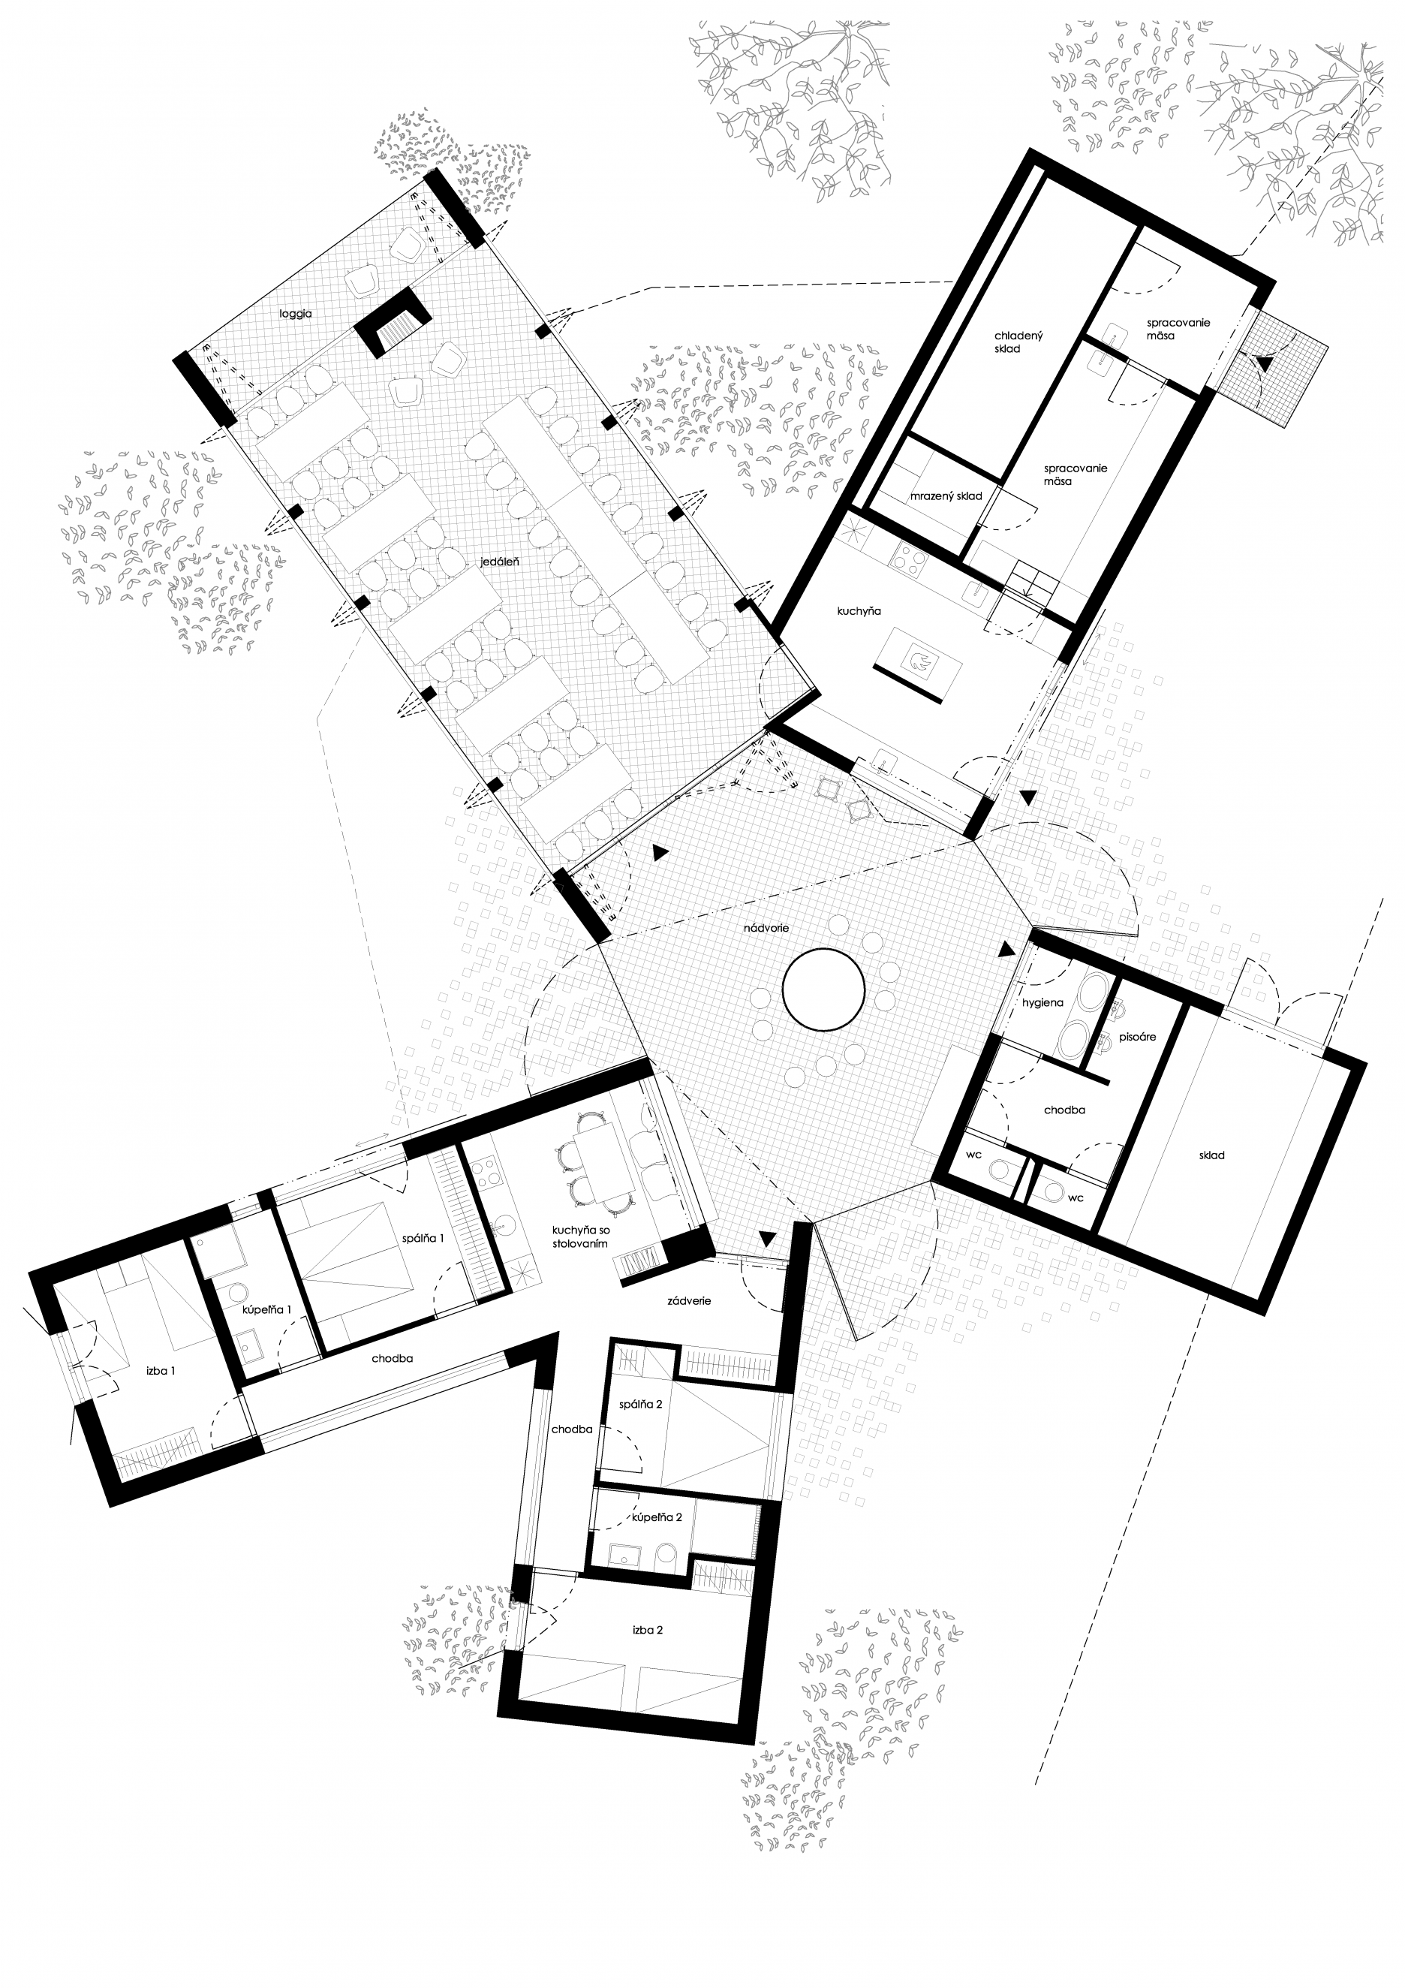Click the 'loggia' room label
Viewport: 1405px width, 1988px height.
coord(295,313)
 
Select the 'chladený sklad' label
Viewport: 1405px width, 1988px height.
coord(1008,342)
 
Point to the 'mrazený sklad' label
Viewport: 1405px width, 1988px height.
coord(946,496)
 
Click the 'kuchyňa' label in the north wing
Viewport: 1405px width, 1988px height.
coord(859,611)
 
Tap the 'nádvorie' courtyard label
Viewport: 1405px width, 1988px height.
coord(766,928)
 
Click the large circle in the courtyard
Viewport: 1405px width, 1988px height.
coord(824,989)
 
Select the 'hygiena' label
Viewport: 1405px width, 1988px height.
coord(1042,1003)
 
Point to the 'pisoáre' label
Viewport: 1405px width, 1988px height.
coord(1136,1037)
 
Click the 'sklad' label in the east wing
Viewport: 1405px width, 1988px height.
coord(1212,1155)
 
